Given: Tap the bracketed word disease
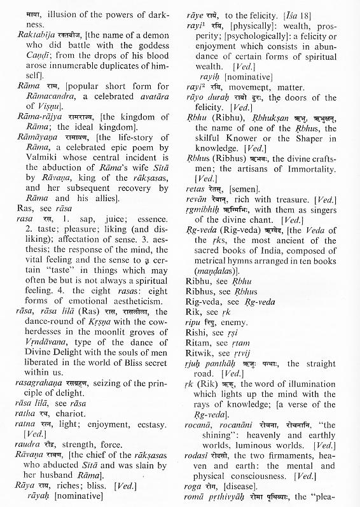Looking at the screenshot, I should coord(246,485).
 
